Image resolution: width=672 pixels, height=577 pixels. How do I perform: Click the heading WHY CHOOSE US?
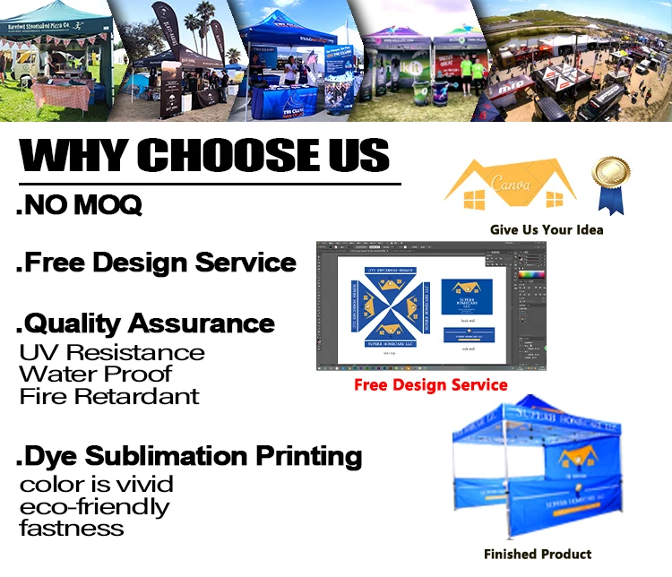tap(204, 154)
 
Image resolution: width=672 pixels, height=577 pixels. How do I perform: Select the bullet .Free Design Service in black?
tap(156, 263)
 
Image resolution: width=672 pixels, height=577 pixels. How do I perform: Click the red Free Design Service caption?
tap(430, 385)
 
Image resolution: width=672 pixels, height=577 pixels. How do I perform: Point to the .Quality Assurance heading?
tap(145, 323)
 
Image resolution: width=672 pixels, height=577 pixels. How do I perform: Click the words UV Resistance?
tap(112, 352)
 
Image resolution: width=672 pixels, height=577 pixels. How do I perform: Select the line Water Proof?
tap(95, 374)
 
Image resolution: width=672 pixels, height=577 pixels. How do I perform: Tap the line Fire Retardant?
tap(109, 395)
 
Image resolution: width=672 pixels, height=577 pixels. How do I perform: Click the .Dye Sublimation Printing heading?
tap(189, 456)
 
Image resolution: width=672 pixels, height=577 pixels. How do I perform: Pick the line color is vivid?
tap(96, 485)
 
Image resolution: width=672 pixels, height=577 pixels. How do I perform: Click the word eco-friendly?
tap(94, 506)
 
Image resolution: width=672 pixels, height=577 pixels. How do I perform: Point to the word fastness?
tap(71, 528)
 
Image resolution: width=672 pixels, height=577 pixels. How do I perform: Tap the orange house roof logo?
tap(511, 185)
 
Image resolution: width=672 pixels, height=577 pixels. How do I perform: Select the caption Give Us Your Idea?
tap(547, 229)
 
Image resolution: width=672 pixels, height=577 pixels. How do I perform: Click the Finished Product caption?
tap(538, 554)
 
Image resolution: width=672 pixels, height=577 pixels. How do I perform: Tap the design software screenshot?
tap(431, 306)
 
